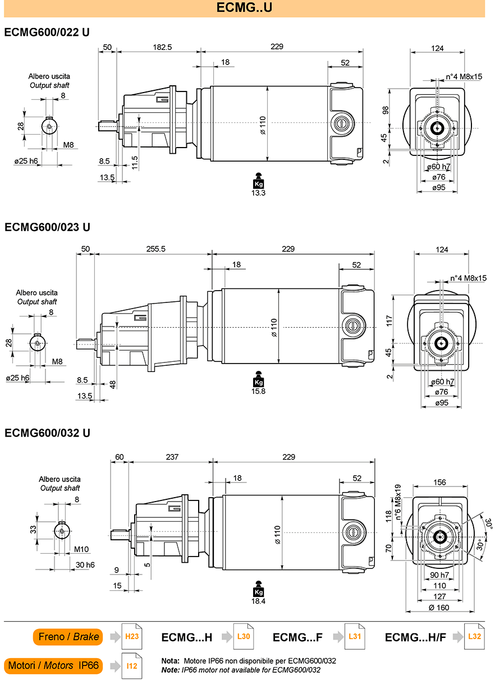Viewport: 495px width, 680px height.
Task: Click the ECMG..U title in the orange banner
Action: [244, 7]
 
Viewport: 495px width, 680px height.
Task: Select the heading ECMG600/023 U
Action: [47, 227]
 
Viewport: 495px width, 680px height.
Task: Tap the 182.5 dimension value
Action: [162, 47]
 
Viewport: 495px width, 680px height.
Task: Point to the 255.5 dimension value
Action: [156, 249]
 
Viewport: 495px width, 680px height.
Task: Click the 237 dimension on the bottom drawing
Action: [172, 457]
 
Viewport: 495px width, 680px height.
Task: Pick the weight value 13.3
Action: [258, 193]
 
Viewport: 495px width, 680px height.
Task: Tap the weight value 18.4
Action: [258, 601]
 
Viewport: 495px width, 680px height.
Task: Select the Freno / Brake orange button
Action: [68, 637]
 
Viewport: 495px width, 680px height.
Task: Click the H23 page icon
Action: [132, 636]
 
